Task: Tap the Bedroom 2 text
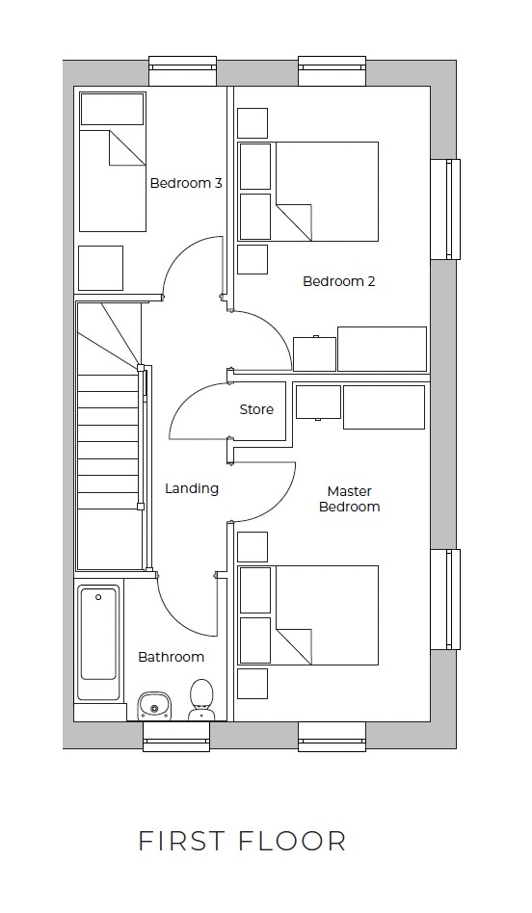(x=338, y=281)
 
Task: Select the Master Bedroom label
(x=349, y=499)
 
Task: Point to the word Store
(x=256, y=409)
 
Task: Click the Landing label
(x=192, y=488)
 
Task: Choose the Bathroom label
(x=171, y=657)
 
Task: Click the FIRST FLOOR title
(x=242, y=840)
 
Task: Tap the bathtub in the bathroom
(x=99, y=643)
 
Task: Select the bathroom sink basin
(x=153, y=707)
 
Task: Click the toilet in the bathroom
(x=201, y=699)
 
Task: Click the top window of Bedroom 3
(x=182, y=69)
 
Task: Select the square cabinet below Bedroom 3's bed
(x=100, y=268)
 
